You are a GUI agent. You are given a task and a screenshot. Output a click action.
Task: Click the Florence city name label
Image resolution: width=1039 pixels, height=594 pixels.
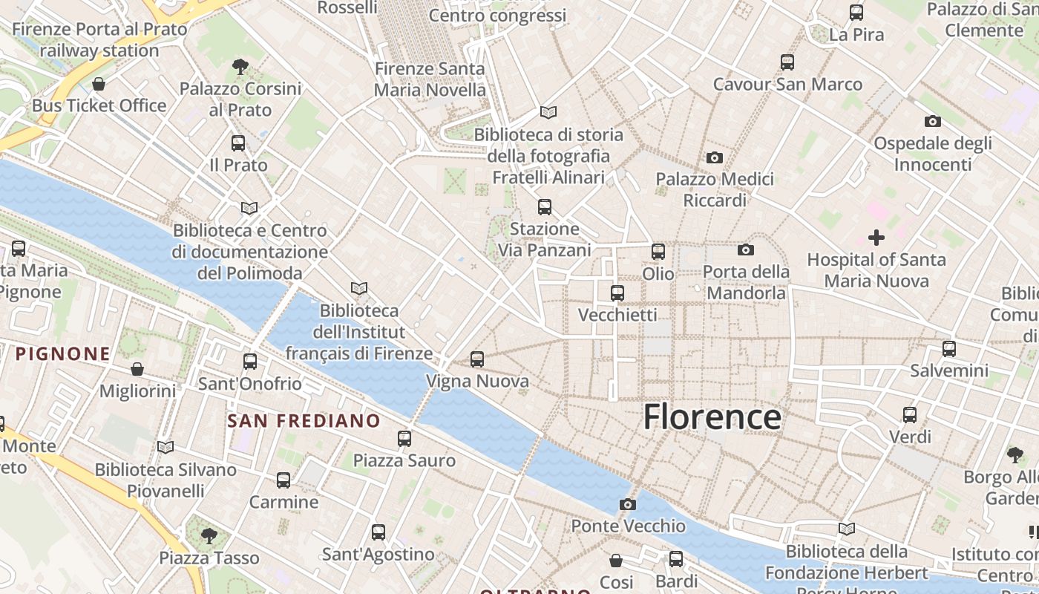click(x=712, y=417)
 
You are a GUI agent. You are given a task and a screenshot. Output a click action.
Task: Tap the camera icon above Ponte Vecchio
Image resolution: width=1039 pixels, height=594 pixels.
click(x=627, y=505)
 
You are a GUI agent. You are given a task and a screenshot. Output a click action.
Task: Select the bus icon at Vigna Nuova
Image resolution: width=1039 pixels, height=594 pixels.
click(x=477, y=359)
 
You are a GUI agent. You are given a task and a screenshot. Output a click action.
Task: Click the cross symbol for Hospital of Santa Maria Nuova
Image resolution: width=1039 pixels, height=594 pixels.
click(x=876, y=238)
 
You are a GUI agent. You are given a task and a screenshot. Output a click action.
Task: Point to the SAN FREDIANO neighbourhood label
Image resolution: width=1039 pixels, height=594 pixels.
click(x=304, y=421)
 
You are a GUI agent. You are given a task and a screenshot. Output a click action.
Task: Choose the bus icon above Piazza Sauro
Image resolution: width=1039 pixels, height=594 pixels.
click(x=404, y=438)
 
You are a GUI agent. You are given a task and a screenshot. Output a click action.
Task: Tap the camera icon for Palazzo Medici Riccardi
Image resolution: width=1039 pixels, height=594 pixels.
click(x=715, y=157)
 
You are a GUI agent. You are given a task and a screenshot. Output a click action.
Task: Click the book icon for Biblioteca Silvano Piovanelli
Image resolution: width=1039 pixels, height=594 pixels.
click(x=165, y=447)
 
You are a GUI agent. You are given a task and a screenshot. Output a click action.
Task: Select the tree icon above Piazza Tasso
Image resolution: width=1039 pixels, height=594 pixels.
click(x=209, y=535)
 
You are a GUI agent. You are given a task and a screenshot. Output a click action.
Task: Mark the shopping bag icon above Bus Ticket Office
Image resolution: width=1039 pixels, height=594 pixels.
click(x=99, y=83)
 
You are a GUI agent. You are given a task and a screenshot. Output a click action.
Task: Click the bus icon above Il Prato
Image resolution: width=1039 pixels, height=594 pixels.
click(x=238, y=143)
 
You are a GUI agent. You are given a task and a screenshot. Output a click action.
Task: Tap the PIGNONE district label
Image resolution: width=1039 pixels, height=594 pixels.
click(x=63, y=354)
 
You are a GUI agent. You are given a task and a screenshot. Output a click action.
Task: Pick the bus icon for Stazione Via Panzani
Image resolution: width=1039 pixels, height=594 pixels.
click(x=545, y=206)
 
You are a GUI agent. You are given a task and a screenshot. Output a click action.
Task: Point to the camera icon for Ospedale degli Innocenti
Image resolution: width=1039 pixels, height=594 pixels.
click(x=933, y=121)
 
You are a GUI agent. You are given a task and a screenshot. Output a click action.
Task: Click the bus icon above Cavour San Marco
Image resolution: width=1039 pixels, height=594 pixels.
click(x=787, y=62)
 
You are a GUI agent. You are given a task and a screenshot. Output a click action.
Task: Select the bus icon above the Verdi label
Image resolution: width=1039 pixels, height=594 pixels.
click(x=910, y=414)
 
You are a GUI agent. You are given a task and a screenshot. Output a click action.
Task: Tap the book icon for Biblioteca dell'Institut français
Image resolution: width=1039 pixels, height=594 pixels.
click(x=359, y=288)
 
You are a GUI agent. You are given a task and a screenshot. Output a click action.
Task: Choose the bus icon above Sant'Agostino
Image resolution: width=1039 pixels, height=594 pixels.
click(x=378, y=532)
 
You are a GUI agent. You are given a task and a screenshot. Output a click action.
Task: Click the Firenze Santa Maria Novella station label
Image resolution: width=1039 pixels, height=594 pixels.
click(x=430, y=79)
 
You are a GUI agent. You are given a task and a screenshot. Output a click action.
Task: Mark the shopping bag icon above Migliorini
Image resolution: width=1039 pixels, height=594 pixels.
click(x=137, y=368)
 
